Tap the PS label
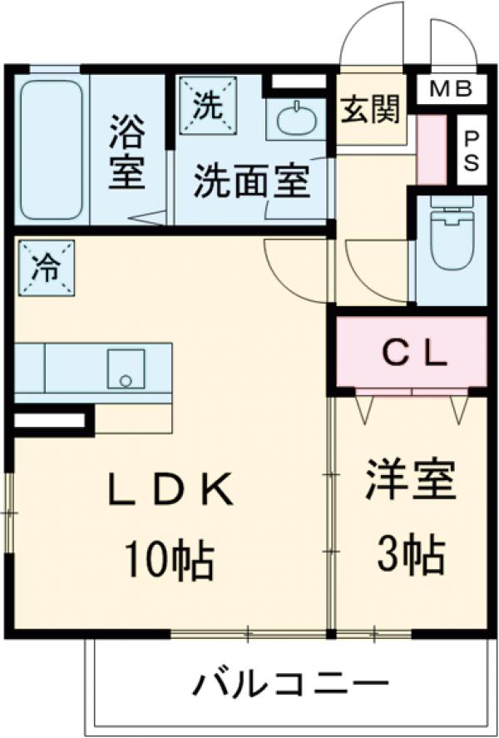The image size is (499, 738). [472, 150]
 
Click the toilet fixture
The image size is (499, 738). [452, 233]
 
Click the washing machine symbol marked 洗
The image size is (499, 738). [207, 106]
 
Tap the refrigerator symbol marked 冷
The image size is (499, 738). [46, 268]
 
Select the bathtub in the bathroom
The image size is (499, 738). [51, 150]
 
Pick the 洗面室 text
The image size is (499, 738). [252, 181]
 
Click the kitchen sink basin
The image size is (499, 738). [126, 368]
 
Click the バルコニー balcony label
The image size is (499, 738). [290, 686]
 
